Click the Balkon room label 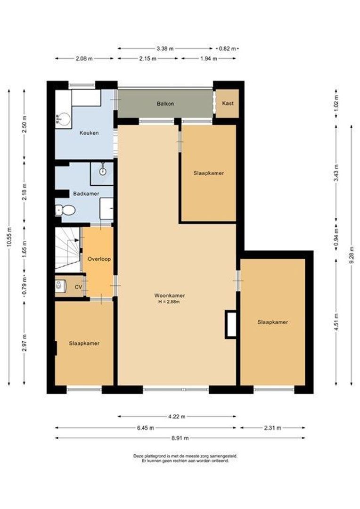coord(165,104)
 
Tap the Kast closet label coord(228,103)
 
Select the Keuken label coord(89,133)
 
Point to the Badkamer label coord(86,194)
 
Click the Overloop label coord(99,259)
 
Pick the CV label coord(78,287)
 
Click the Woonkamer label coord(170,296)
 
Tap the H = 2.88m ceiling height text coord(170,302)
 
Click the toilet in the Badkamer coord(65,210)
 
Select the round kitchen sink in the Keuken coord(63,119)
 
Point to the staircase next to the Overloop coord(67,249)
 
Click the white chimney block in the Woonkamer coord(231,324)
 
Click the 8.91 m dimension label coord(180,438)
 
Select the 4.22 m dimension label coord(177,417)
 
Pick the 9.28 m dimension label coord(352,255)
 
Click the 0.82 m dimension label coord(227,49)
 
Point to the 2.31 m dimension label coord(273,427)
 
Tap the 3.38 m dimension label coord(165,49)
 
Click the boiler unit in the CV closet coord(60,287)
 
